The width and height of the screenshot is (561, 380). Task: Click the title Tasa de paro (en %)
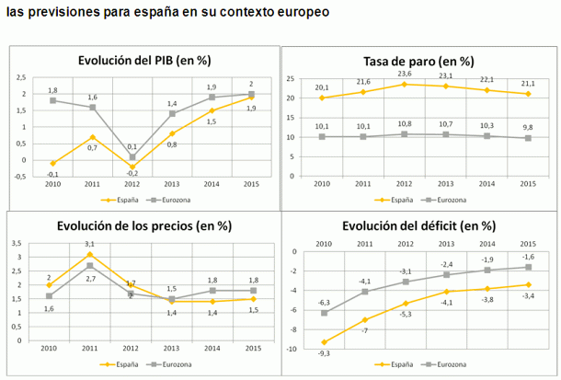pos(420,62)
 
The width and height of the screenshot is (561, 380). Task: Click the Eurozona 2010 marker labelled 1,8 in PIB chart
pos(52,99)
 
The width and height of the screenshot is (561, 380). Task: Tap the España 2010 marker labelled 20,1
pos(322,98)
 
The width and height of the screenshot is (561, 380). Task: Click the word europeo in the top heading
pos(300,16)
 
